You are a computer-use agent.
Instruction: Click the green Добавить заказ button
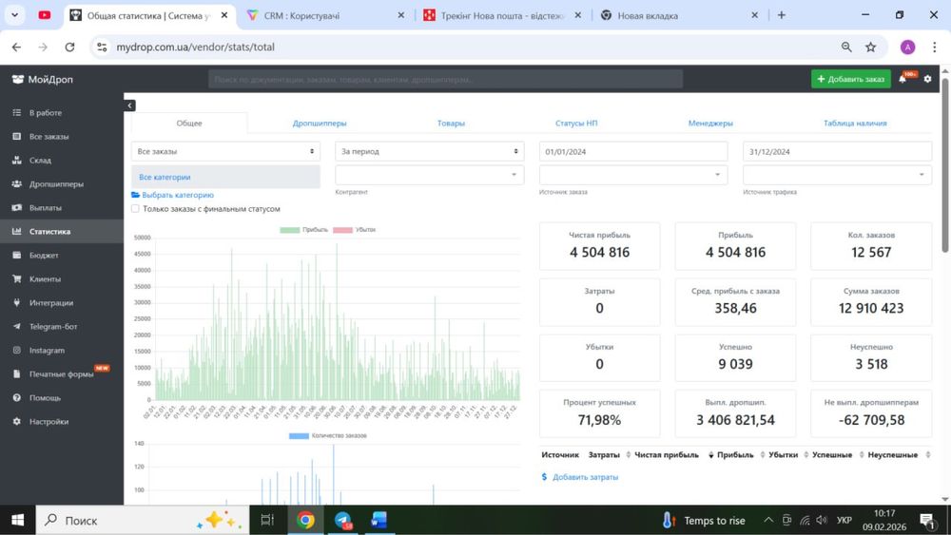pyautogui.click(x=850, y=79)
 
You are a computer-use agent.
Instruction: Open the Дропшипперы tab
pyautogui.click(x=320, y=123)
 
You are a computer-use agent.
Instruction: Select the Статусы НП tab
pyautogui.click(x=576, y=123)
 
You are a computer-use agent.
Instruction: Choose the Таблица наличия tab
pyautogui.click(x=855, y=123)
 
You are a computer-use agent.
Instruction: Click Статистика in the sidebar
pyautogui.click(x=49, y=231)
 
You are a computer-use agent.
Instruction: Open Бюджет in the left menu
pyautogui.click(x=44, y=255)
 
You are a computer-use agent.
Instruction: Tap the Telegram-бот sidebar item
pyautogui.click(x=53, y=326)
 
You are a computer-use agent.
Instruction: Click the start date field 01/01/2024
pyautogui.click(x=633, y=151)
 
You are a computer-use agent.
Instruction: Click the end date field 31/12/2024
pyautogui.click(x=837, y=151)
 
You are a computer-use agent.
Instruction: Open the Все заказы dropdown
pyautogui.click(x=225, y=151)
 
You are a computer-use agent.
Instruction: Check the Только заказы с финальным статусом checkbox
pyautogui.click(x=136, y=209)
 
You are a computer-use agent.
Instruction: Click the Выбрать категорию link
pyautogui.click(x=177, y=195)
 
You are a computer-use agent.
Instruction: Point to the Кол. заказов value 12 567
pyautogui.click(x=871, y=252)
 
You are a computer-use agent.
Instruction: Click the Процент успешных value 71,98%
pyautogui.click(x=599, y=420)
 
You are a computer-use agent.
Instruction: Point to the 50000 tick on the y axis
pyautogui.click(x=142, y=238)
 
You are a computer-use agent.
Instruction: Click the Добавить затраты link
pyautogui.click(x=585, y=477)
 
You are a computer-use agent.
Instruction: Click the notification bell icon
pyautogui.click(x=902, y=79)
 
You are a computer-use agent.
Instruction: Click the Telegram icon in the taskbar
pyautogui.click(x=342, y=520)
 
